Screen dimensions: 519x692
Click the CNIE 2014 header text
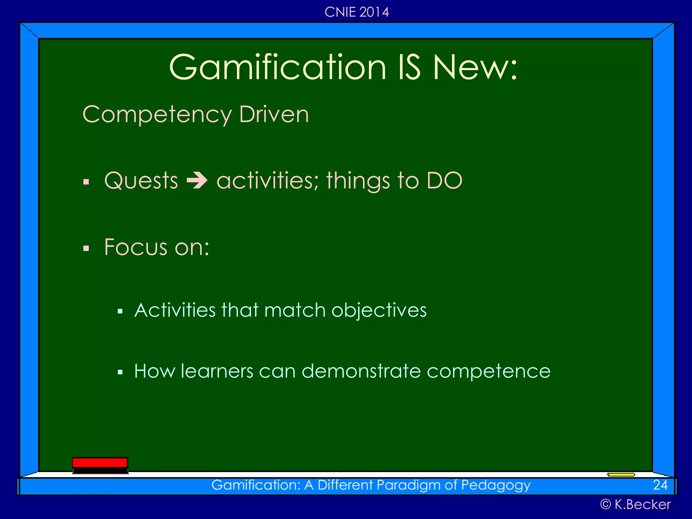tap(356, 12)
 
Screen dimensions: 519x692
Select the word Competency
tap(157, 115)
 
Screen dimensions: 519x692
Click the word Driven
tap(274, 114)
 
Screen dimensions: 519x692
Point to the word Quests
tap(141, 180)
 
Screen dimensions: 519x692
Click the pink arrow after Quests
tap(197, 180)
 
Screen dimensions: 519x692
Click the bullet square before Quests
tap(86, 182)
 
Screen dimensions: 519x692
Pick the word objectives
tap(379, 310)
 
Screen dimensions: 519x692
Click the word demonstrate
tap(361, 371)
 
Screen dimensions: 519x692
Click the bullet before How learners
tap(120, 373)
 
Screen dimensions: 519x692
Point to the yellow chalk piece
tap(621, 475)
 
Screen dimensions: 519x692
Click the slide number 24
tap(660, 485)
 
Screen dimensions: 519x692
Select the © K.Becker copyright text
tap(635, 504)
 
